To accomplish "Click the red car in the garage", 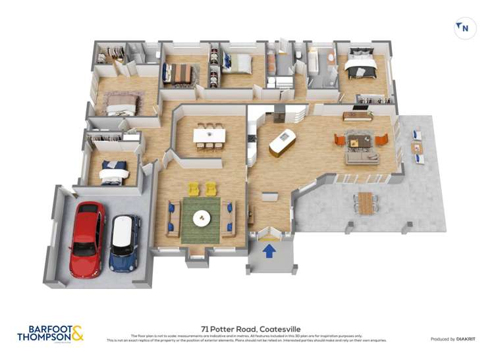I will click(x=87, y=238).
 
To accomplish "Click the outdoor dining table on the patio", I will click(x=366, y=203).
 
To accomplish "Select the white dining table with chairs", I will click(x=209, y=135).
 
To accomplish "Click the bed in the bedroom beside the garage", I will click(x=113, y=172).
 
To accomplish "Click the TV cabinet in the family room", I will click(x=358, y=116).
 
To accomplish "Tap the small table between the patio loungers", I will click(x=417, y=147).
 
